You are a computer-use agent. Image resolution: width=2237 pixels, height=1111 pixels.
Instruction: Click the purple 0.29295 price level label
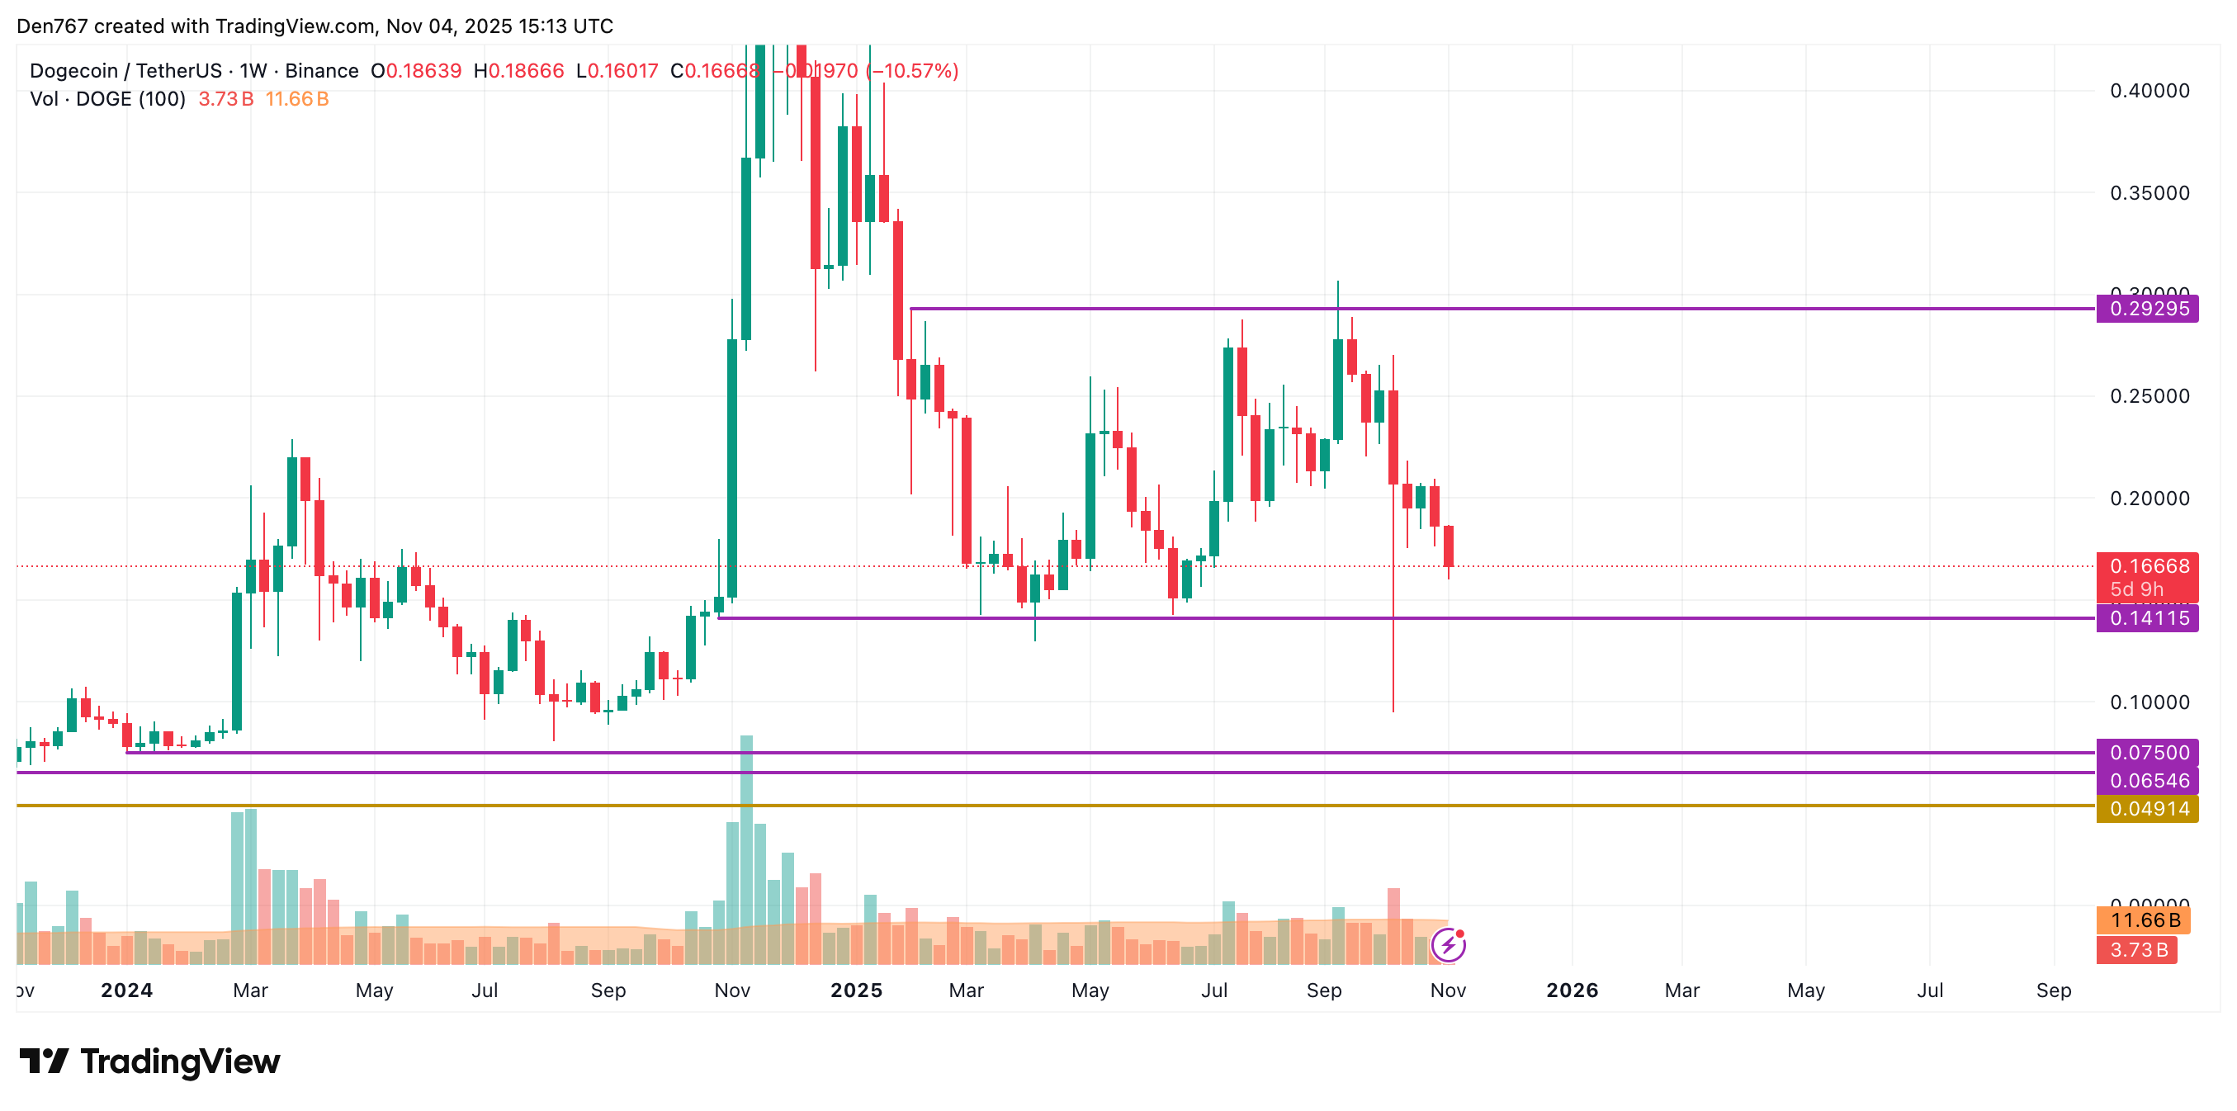coord(2147,310)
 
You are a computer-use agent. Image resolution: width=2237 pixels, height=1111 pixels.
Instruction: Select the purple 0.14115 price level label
coord(2147,618)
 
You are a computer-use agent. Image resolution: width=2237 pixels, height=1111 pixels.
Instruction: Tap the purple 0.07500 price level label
coord(2147,752)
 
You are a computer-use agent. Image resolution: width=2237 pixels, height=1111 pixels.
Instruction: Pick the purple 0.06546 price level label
coord(2147,780)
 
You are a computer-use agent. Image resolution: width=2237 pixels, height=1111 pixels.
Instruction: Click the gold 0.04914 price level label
coord(2147,809)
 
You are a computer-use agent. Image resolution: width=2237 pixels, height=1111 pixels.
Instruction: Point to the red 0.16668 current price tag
coord(2147,567)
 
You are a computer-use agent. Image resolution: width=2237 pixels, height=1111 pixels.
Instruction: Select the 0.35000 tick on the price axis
coord(2150,193)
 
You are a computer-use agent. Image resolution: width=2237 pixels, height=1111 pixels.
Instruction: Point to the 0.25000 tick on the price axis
coord(2150,396)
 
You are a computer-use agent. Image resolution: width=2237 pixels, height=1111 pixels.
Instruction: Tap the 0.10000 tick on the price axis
coord(2150,702)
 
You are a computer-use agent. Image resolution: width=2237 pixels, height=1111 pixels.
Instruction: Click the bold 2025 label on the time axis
coord(856,990)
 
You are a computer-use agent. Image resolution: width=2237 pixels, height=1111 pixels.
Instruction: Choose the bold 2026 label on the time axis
coord(1572,990)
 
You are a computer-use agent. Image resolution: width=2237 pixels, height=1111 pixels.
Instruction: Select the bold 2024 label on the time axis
coord(127,990)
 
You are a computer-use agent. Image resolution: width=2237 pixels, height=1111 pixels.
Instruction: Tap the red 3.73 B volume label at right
coord(2138,949)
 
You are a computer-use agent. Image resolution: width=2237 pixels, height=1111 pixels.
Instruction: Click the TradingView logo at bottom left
coord(150,1061)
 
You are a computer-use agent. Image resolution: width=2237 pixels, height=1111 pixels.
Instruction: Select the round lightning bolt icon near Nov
coord(1449,945)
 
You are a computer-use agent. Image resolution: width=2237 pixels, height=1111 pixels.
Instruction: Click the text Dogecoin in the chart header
coord(73,71)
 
